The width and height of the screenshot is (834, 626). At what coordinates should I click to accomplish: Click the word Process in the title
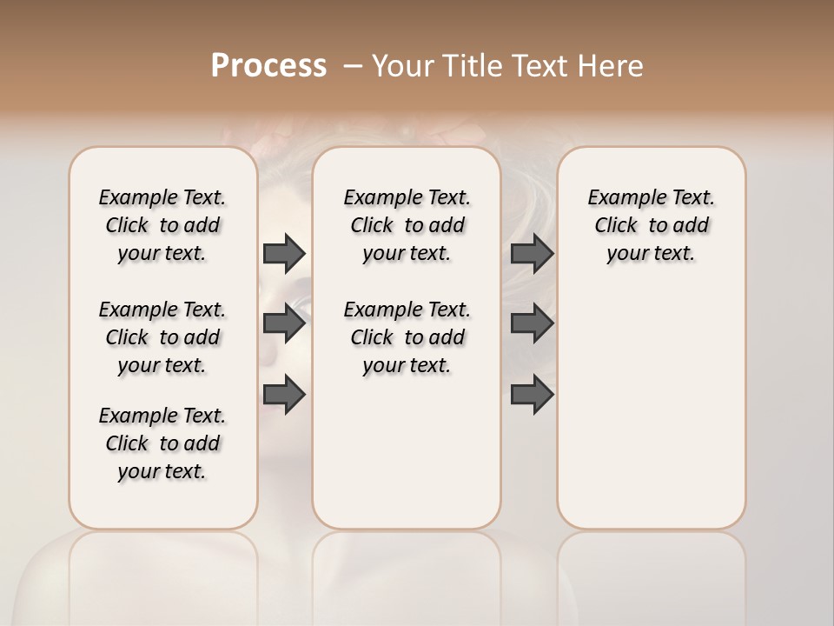[268, 66]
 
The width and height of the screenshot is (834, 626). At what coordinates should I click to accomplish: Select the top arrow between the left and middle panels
[284, 254]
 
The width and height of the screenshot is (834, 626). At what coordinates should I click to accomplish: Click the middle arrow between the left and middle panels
[284, 323]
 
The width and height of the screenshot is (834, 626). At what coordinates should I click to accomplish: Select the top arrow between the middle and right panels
[532, 254]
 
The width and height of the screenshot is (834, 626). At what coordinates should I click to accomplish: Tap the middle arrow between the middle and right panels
[532, 323]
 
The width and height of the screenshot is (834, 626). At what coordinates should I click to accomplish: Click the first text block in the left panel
[162, 225]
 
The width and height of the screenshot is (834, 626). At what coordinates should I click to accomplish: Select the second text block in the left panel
[162, 337]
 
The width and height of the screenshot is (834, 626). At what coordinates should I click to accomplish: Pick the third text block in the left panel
[162, 443]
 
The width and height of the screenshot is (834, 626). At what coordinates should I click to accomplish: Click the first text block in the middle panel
[407, 225]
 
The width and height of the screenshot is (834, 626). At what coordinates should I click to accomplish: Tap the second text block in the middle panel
[407, 337]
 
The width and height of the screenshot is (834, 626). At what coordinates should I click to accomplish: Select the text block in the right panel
[651, 225]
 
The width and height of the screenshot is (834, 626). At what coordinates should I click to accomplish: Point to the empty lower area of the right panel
[651, 400]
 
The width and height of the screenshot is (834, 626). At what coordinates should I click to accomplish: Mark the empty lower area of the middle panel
[407, 452]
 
